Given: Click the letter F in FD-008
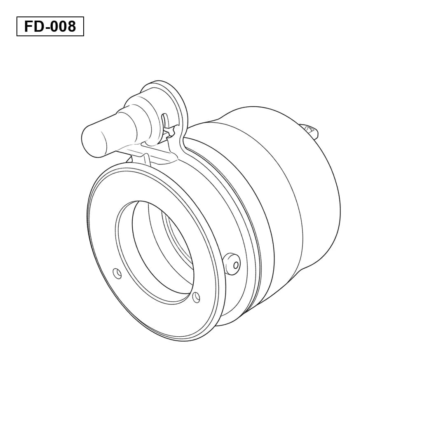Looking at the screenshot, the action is (28, 26).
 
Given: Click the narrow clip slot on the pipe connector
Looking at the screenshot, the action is (165, 121).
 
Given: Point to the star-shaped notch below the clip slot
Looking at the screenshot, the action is (171, 132).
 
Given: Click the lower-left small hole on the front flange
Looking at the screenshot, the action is (117, 274).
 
